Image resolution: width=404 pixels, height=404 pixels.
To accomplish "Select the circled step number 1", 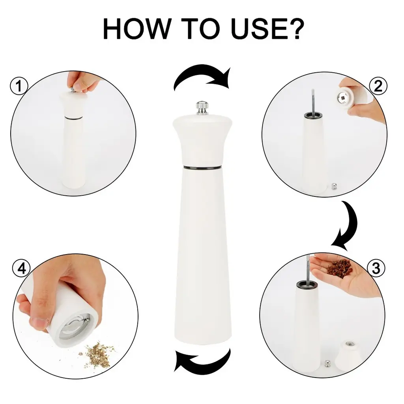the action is (19, 86).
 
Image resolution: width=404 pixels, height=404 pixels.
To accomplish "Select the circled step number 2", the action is (378, 86).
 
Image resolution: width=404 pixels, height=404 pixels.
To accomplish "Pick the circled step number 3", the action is (376, 268).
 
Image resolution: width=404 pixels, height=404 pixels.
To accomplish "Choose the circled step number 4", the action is (21, 269).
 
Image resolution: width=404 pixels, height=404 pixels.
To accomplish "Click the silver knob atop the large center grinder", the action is (202, 108).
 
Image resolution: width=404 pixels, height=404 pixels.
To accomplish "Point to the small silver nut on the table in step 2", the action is (334, 186).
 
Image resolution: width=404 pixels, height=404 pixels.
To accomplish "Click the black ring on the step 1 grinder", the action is (74, 118).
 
